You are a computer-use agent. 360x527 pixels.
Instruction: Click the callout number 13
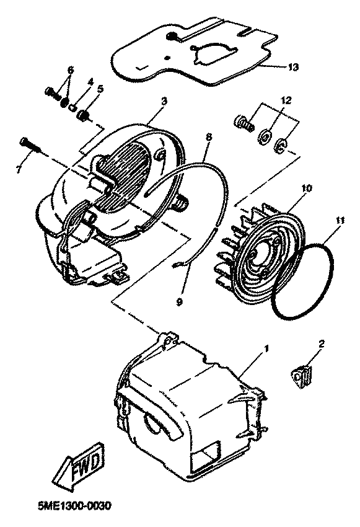point(293,67)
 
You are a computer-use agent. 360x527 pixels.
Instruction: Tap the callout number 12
point(286,100)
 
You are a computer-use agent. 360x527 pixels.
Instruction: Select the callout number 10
point(307,188)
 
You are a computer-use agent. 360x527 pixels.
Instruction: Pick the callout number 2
point(322,343)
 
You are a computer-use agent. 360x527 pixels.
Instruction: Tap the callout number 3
point(164,102)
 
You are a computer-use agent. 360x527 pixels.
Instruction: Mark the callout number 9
point(179,302)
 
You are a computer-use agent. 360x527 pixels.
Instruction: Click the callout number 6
point(71,70)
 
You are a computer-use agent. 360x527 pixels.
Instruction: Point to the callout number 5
point(100,89)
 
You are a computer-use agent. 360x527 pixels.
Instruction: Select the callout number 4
point(90,82)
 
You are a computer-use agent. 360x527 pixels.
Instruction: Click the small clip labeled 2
point(301,377)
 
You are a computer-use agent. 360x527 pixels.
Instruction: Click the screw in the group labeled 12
point(244,123)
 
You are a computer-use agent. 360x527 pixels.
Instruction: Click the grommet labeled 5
point(82,116)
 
